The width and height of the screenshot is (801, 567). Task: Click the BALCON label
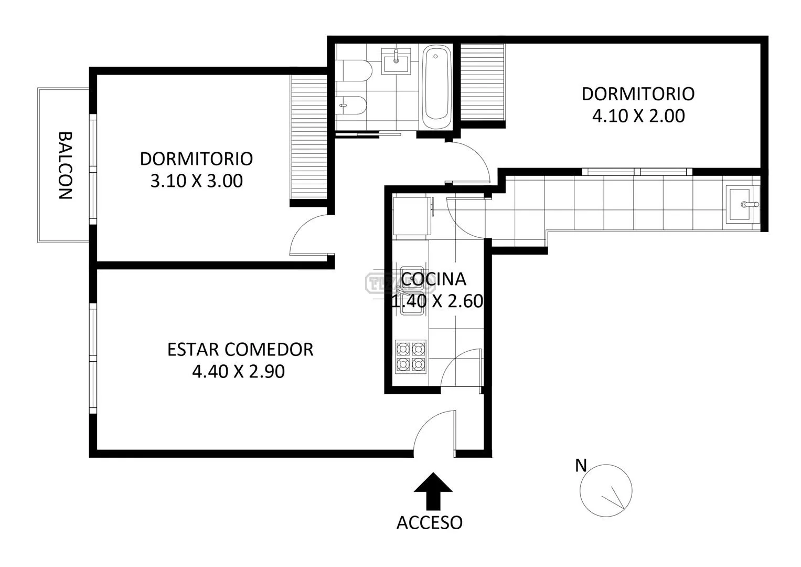pos(66,165)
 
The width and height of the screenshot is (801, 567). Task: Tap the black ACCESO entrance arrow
pos(433,491)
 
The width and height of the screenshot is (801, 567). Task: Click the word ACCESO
pos(430,523)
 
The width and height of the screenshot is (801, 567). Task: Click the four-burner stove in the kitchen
pos(411,356)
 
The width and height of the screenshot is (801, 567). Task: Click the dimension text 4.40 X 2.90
pos(239,372)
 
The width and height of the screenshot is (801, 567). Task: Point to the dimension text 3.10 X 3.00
pos(196,181)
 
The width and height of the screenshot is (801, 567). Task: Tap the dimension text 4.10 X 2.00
pos(638,116)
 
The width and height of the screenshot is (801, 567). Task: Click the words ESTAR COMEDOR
pos(240,350)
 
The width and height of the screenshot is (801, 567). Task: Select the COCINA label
pos(433,279)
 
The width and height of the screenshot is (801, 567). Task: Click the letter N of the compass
pos(581,466)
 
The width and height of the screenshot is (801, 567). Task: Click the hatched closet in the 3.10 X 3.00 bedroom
pos(309,137)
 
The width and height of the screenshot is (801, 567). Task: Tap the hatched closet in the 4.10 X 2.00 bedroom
pos(483,82)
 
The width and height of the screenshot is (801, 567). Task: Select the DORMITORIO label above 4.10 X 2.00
pos(638,94)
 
